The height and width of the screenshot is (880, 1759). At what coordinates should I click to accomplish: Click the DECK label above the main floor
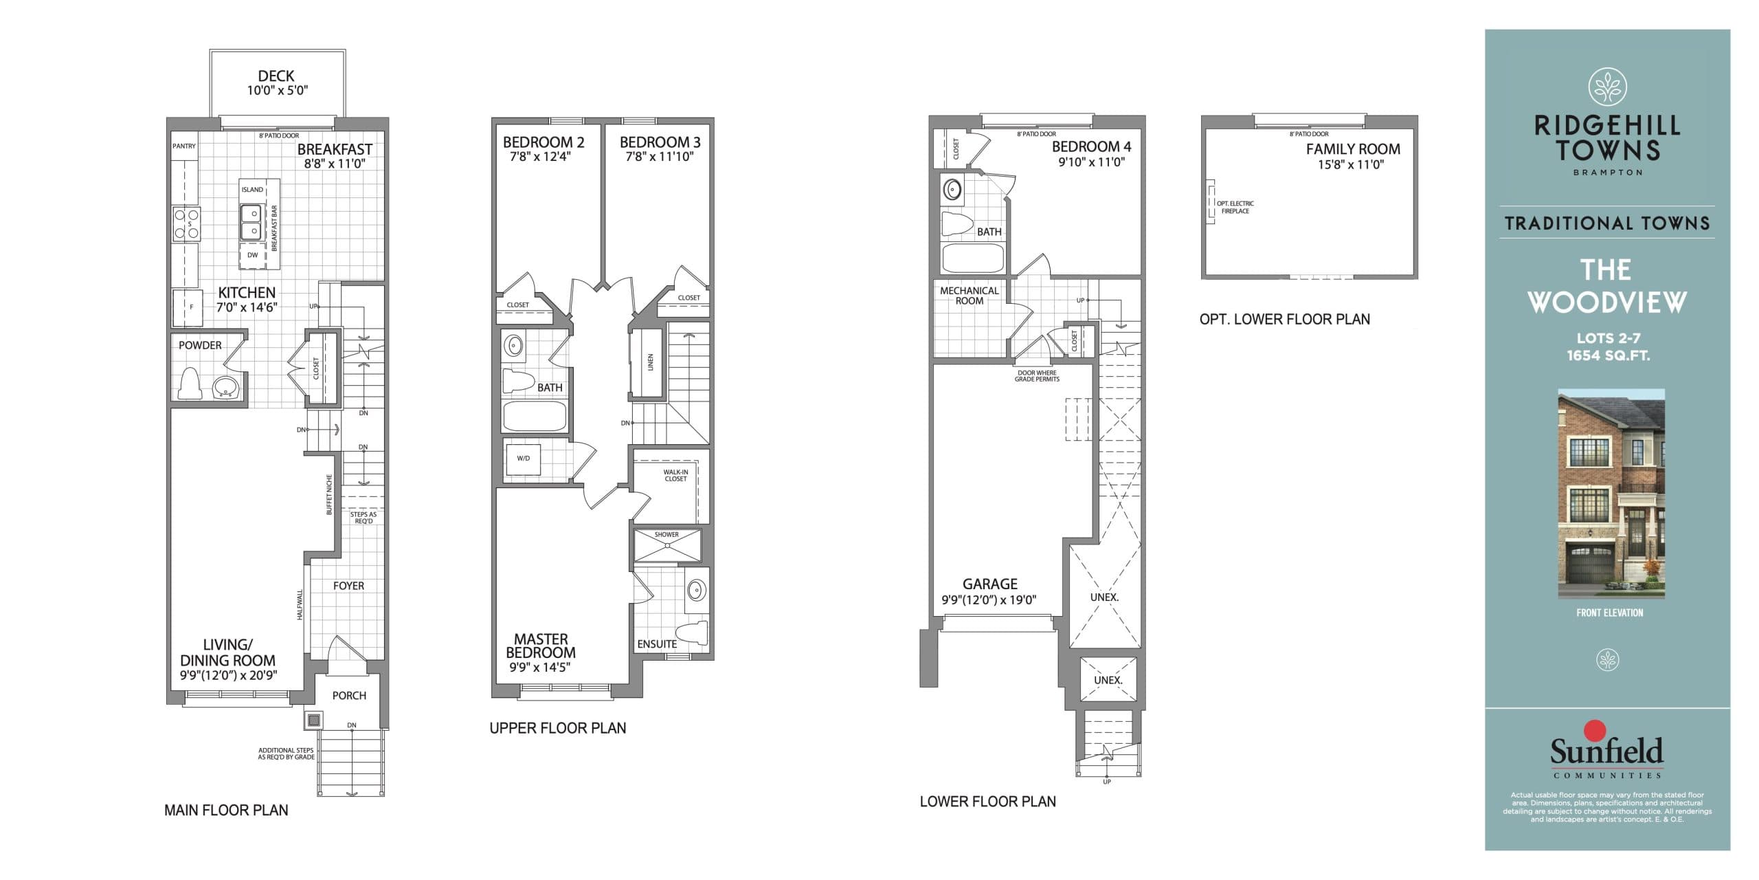coord(276,76)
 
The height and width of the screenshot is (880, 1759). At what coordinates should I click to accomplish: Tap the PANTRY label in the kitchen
coord(184,146)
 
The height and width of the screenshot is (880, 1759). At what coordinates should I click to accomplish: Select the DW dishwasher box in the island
coord(252,255)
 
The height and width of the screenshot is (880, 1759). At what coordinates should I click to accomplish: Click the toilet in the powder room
coord(188,384)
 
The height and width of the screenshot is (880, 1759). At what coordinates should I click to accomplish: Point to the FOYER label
coord(348,586)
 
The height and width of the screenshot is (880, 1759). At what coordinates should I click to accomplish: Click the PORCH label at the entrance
coord(349,696)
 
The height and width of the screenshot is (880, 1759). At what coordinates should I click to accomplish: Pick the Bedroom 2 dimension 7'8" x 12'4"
coord(541,157)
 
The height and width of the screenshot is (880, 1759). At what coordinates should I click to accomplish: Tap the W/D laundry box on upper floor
coord(523,459)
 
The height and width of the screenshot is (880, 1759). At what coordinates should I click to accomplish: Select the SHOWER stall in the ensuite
coord(667,546)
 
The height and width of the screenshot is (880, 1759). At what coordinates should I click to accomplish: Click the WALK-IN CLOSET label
coord(675,476)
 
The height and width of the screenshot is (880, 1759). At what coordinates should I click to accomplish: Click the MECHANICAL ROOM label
coord(970,296)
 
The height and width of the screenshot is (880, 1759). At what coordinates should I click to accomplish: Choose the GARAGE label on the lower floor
coord(989,584)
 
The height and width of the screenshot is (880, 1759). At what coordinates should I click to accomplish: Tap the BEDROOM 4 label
coord(1091,146)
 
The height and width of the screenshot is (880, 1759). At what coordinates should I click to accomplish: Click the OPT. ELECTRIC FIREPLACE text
coord(1235,207)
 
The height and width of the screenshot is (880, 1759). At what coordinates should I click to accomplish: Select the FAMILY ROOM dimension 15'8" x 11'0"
coord(1350,165)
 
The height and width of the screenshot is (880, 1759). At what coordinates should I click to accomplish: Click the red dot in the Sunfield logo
coord(1594,730)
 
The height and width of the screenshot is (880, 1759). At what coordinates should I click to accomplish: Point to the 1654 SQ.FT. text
coord(1608,355)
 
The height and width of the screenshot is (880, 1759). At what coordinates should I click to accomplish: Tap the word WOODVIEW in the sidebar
coord(1607,302)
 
